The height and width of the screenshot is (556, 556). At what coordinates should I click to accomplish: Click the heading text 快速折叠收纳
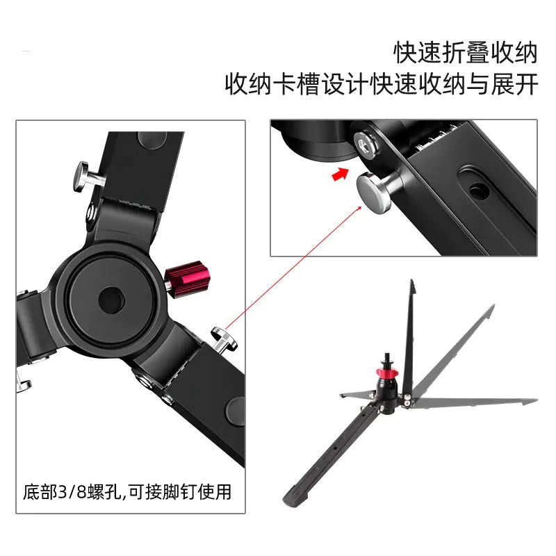(466, 53)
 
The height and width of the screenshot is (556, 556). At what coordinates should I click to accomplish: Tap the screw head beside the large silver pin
(365, 143)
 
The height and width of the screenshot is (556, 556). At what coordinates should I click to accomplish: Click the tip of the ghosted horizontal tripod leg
(532, 401)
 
